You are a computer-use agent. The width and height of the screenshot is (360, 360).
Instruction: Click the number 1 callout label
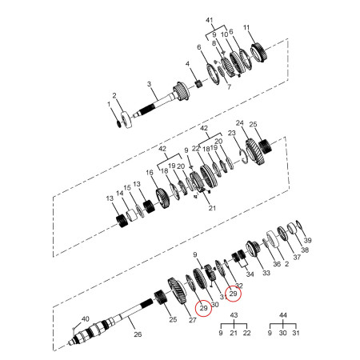[110, 104]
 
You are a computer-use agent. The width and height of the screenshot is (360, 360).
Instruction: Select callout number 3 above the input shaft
[149, 84]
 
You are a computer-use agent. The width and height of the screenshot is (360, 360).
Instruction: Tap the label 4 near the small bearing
[188, 64]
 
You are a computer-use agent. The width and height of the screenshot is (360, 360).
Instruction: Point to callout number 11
[246, 28]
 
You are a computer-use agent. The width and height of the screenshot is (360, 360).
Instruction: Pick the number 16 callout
[149, 173]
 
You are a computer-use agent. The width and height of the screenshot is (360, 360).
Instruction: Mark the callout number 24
[239, 123]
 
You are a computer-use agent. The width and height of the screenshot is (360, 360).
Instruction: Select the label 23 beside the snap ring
[232, 133]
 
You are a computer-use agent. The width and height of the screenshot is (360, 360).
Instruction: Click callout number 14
[130, 194]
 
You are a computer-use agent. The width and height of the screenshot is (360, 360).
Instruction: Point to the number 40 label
[85, 319]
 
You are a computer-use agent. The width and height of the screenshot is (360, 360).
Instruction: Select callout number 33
[266, 273]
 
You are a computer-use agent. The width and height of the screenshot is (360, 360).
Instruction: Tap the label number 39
[308, 240]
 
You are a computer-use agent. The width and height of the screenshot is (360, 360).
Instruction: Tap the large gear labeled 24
[254, 149]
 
